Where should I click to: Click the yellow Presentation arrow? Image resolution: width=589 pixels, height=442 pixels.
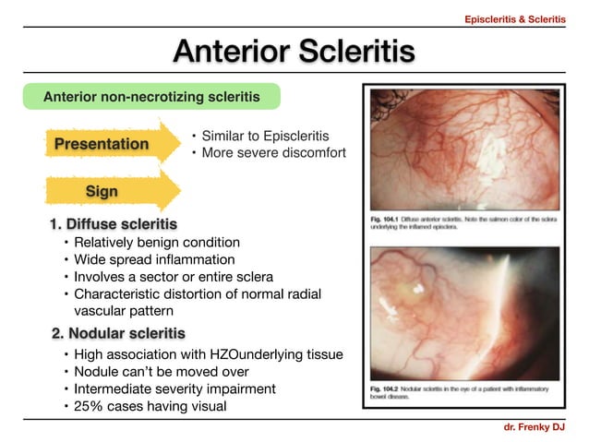point(102,144)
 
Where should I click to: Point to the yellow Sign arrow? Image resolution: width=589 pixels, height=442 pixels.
point(104,190)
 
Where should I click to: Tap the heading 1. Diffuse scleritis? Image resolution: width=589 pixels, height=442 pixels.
point(114,224)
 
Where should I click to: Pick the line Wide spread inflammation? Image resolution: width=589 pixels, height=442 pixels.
point(154,259)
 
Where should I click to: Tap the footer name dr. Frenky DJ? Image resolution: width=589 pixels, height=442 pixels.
point(535,428)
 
